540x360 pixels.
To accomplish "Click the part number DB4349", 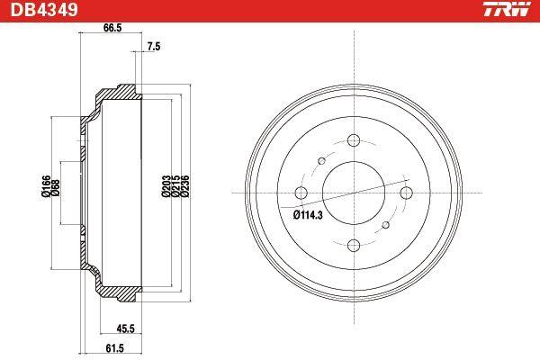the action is click(44, 10).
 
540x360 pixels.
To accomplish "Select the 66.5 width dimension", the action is click(112, 28).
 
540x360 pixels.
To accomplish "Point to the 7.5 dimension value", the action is click(154, 47).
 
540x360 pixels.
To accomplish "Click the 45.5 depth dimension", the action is click(125, 328).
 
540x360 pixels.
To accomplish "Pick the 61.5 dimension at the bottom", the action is click(114, 348).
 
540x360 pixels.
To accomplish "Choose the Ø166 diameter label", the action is click(46, 186).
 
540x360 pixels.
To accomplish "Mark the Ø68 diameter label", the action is click(56, 188).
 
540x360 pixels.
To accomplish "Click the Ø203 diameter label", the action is click(166, 186).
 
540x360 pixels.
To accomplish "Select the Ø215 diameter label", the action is click(175, 186).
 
